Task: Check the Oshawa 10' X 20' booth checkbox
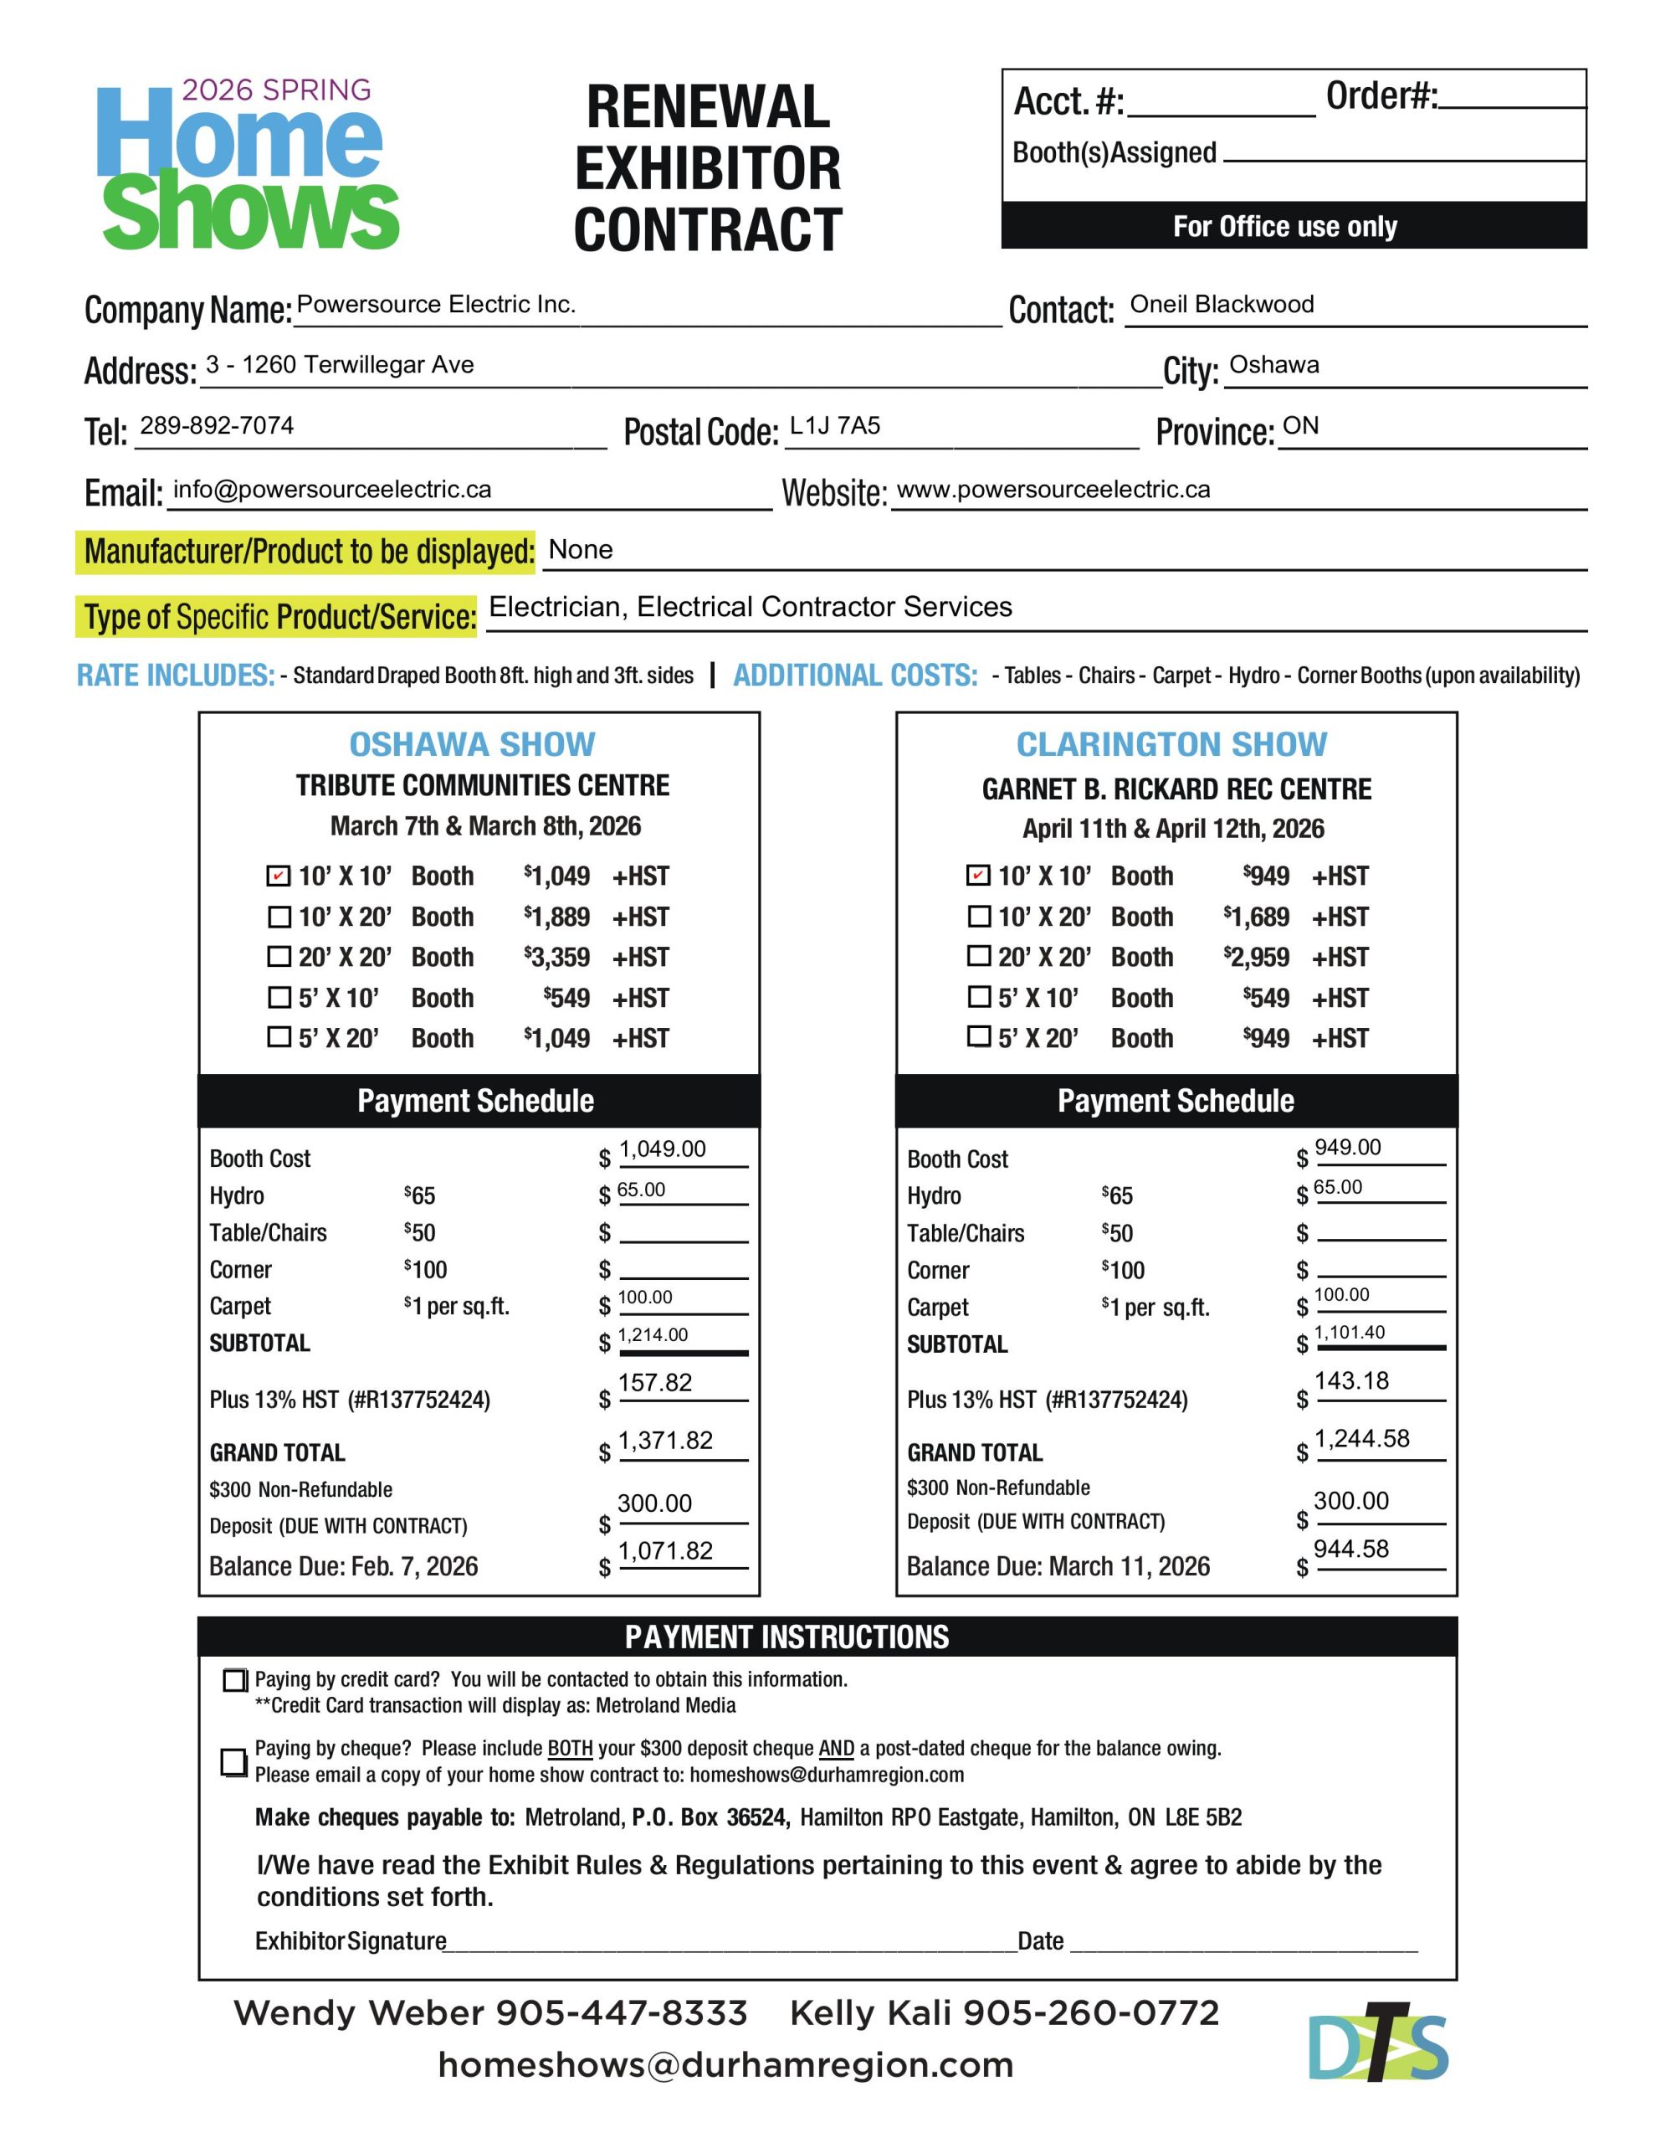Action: point(279,917)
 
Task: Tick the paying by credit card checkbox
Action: point(234,1680)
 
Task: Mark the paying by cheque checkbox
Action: point(233,1761)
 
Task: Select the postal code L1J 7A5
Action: point(835,425)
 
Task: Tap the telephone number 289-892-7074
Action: point(217,425)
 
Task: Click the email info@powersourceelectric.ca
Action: point(331,489)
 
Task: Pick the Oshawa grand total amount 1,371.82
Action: point(665,1441)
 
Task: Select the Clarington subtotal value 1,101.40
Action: point(1349,1332)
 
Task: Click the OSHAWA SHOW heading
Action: point(472,743)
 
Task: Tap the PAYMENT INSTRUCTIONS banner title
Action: point(787,1637)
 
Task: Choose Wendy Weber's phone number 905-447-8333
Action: point(620,2012)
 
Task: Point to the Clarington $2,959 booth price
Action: point(1256,957)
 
